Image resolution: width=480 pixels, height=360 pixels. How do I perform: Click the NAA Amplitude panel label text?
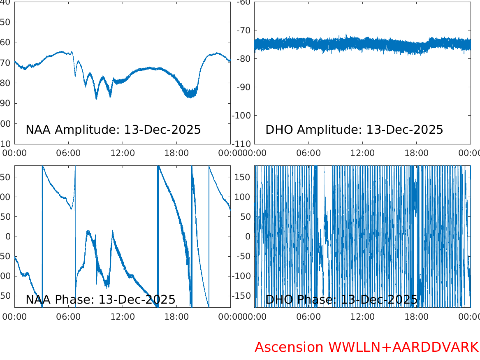(113, 130)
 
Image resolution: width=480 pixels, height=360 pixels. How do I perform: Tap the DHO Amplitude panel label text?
(354, 130)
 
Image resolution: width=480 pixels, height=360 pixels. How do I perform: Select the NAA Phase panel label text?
(100, 300)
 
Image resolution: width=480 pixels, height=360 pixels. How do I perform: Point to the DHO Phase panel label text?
(341, 300)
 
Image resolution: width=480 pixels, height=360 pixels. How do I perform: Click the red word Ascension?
(289, 347)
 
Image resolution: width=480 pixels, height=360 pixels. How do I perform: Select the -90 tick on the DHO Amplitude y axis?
(245, 87)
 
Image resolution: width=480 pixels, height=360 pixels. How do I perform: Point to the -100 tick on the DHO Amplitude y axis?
(243, 116)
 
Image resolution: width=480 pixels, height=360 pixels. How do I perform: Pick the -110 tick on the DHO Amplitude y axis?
(243, 144)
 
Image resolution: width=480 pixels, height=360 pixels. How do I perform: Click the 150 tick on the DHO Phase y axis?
(243, 177)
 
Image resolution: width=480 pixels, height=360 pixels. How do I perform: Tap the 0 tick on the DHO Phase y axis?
(248, 237)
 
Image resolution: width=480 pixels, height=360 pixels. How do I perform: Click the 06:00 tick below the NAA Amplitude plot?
(69, 153)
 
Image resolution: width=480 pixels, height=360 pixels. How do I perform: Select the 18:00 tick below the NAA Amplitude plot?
(176, 153)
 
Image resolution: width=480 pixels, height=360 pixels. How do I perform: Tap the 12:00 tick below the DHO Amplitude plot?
(362, 153)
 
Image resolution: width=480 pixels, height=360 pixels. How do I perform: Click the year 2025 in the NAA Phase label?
(161, 300)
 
